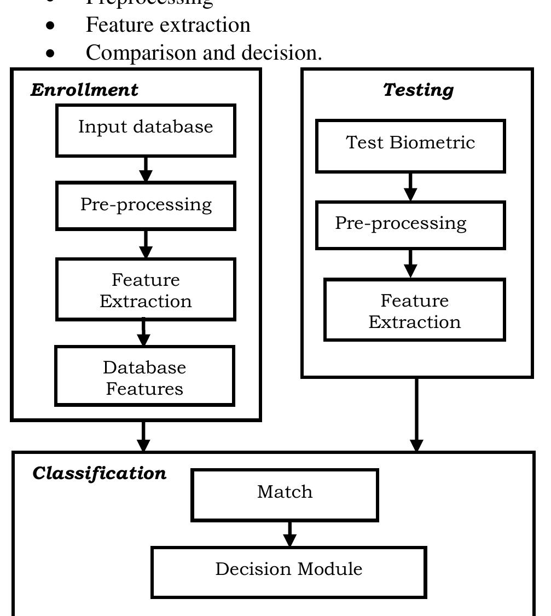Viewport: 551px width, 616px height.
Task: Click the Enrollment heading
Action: (84, 90)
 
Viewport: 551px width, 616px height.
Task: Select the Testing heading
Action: (418, 90)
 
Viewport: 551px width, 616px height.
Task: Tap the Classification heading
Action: (99, 473)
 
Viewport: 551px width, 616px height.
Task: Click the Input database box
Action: (146, 130)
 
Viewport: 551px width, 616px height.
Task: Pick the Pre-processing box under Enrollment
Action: (146, 206)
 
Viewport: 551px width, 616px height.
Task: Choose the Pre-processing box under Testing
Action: (410, 225)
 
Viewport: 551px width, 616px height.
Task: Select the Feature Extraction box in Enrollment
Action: (146, 290)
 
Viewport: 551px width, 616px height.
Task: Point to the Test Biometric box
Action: (410, 146)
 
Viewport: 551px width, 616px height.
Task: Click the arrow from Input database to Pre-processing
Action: (146, 169)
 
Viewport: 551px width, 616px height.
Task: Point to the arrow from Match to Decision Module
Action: (289, 534)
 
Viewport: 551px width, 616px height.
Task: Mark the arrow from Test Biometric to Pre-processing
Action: (410, 187)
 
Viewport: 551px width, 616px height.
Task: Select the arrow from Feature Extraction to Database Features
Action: (143, 333)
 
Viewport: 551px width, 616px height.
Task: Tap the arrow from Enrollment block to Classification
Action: (143, 436)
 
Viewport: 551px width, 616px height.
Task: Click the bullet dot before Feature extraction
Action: (51, 26)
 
